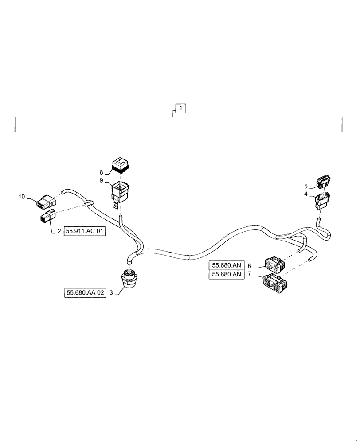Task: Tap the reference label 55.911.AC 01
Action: pyautogui.click(x=86, y=231)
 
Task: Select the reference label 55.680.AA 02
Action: pyautogui.click(x=86, y=293)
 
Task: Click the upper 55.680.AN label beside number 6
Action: pyautogui.click(x=227, y=265)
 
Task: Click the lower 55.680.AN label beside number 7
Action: pyautogui.click(x=227, y=275)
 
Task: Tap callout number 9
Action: pyautogui.click(x=101, y=180)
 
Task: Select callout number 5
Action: pyautogui.click(x=305, y=186)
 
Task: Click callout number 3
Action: pyautogui.click(x=112, y=293)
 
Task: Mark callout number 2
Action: pyautogui.click(x=59, y=231)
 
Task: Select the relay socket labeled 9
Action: pyautogui.click(x=119, y=191)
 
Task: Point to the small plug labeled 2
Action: pyautogui.click(x=46, y=218)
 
